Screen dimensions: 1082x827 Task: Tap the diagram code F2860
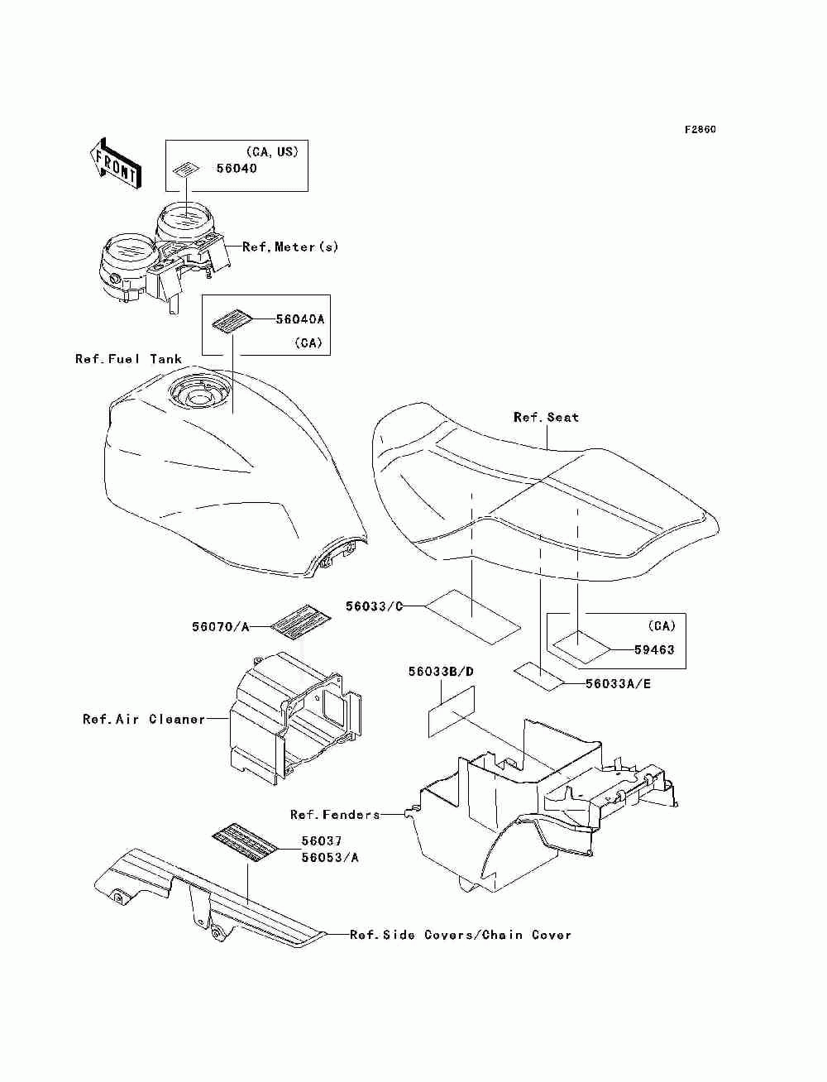700,130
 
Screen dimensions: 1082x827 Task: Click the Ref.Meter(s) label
290,247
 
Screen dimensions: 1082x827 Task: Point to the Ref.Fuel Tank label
128,358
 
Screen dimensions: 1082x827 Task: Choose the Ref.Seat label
546,417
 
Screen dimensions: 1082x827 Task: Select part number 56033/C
374,606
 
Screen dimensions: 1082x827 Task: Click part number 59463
654,649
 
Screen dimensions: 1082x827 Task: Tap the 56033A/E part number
618,684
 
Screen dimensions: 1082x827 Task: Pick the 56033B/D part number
441,672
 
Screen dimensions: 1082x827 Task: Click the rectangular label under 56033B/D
451,711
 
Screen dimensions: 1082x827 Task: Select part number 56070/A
220,627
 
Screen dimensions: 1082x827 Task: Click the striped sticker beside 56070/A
302,620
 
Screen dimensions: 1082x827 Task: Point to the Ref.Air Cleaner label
144,719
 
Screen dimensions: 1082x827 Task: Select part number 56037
322,841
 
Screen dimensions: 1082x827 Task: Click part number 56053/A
330,857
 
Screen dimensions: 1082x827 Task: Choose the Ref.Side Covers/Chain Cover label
461,935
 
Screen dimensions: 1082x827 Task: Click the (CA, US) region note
272,151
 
